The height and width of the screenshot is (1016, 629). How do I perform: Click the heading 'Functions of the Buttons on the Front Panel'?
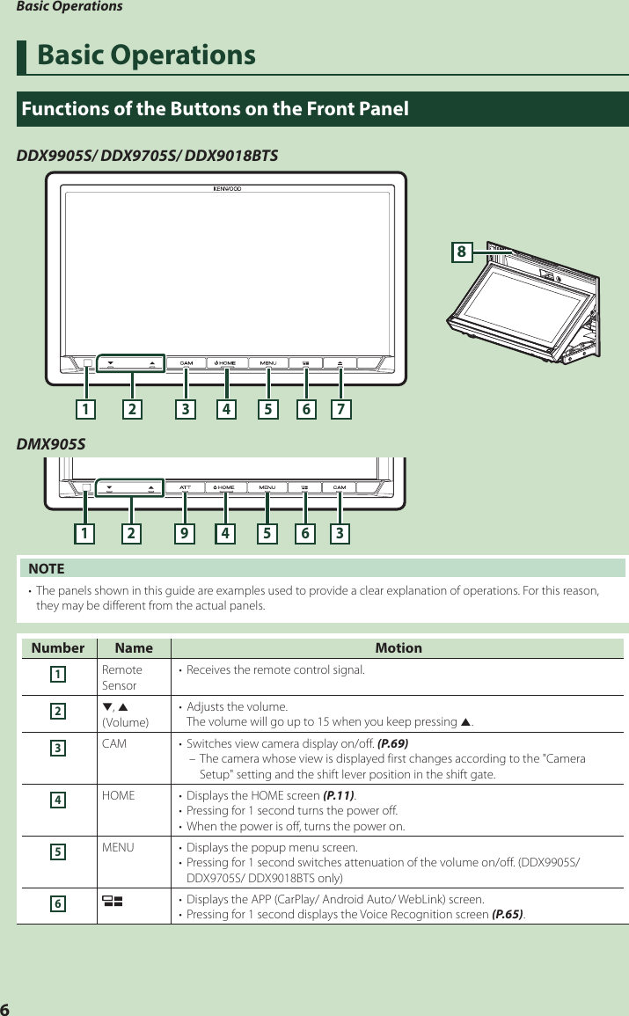point(215,110)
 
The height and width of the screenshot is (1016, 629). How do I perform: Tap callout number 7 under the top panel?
point(340,408)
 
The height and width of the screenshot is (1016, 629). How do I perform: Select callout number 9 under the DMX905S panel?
point(185,532)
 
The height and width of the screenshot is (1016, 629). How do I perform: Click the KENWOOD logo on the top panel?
point(226,187)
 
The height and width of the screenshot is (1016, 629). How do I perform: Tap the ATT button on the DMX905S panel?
point(186,487)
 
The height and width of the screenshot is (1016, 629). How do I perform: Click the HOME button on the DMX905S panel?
point(225,487)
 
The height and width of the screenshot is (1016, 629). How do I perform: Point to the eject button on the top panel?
point(340,362)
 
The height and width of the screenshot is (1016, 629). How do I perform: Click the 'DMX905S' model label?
point(51,443)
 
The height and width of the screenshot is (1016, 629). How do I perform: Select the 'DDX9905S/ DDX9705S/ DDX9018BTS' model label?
point(148,156)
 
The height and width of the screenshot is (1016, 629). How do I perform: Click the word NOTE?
point(47,569)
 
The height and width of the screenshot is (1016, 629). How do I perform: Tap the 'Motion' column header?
point(399,648)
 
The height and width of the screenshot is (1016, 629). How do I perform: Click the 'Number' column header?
point(58,648)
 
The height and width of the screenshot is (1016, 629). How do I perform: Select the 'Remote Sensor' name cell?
point(121,677)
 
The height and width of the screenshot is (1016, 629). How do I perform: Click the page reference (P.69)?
point(392,743)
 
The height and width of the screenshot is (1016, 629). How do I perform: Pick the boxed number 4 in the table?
point(57,800)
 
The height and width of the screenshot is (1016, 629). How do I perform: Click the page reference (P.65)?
point(507,915)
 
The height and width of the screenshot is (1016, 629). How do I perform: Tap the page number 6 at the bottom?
point(5,1008)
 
